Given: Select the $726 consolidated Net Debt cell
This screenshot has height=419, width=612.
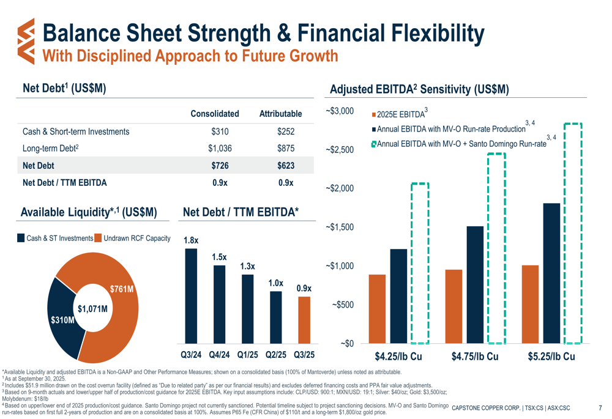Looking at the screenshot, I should pyautogui.click(x=215, y=166).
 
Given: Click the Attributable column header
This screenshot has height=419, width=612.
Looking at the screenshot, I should pyautogui.click(x=281, y=114).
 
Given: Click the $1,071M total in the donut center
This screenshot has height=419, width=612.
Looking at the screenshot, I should pyautogui.click(x=92, y=308).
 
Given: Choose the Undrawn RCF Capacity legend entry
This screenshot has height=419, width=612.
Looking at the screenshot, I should pyautogui.click(x=136, y=239).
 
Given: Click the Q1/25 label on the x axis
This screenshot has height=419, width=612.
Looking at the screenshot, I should pyautogui.click(x=247, y=355).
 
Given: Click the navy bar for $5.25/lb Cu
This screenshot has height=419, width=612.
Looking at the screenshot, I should pyautogui.click(x=552, y=273).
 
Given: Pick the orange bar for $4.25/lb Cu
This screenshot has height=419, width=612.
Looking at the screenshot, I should pyautogui.click(x=378, y=309).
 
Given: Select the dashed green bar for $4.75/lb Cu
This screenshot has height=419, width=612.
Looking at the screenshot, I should pyautogui.click(x=496, y=248).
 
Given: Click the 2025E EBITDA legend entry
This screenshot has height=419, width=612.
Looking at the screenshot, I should pyautogui.click(x=401, y=114).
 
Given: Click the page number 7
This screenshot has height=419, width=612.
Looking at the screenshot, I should pyautogui.click(x=600, y=408).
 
